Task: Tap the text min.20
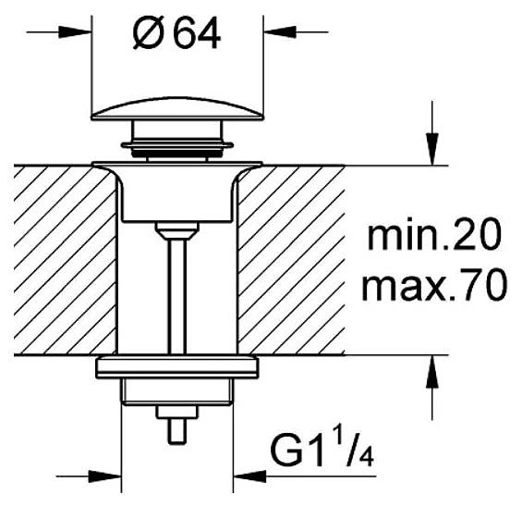pos(433,237)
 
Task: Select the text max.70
pos(433,288)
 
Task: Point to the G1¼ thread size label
pos(321,456)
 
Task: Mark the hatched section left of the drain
pos(65,259)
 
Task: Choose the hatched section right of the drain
pos(291,259)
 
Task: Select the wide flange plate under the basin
pos(176,366)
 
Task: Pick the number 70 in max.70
pos(483,288)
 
